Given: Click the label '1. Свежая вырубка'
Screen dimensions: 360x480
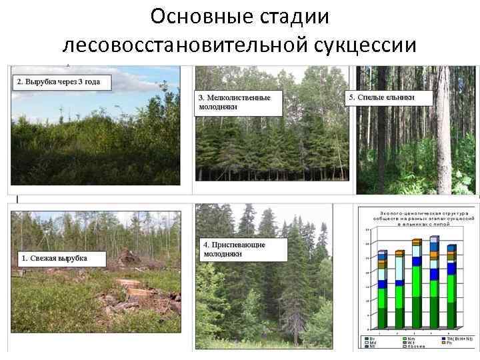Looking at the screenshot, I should coord(53,258).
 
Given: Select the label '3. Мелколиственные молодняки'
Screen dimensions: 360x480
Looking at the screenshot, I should coord(235,103).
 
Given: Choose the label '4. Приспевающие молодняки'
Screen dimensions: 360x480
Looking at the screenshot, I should coord(235,249).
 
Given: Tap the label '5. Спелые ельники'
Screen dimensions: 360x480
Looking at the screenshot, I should coord(390,97).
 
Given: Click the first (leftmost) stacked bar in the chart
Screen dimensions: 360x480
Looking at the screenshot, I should coord(382,289).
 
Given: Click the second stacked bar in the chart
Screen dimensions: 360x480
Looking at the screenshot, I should coord(399,289).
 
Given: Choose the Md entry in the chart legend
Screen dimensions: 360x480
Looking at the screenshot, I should coord(371,343).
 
